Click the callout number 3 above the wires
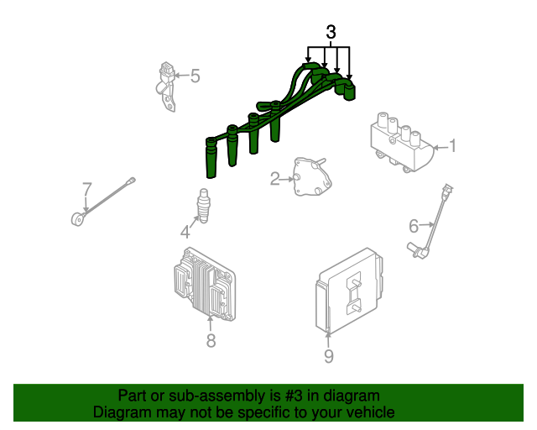click(x=331, y=32)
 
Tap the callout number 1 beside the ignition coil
click(x=453, y=146)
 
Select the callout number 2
click(x=275, y=179)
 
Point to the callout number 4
click(x=185, y=232)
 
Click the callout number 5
click(x=195, y=76)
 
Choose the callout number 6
click(x=414, y=226)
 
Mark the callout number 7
click(x=87, y=189)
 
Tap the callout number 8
click(x=211, y=340)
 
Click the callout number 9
click(x=328, y=356)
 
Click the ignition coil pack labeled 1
click(x=401, y=142)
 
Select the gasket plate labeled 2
click(x=312, y=177)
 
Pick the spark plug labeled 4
click(x=203, y=206)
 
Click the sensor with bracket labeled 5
click(x=167, y=87)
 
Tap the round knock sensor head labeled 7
click(x=78, y=219)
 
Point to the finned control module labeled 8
click(x=205, y=285)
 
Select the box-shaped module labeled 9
click(x=349, y=291)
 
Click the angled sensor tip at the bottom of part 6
click(x=418, y=250)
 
